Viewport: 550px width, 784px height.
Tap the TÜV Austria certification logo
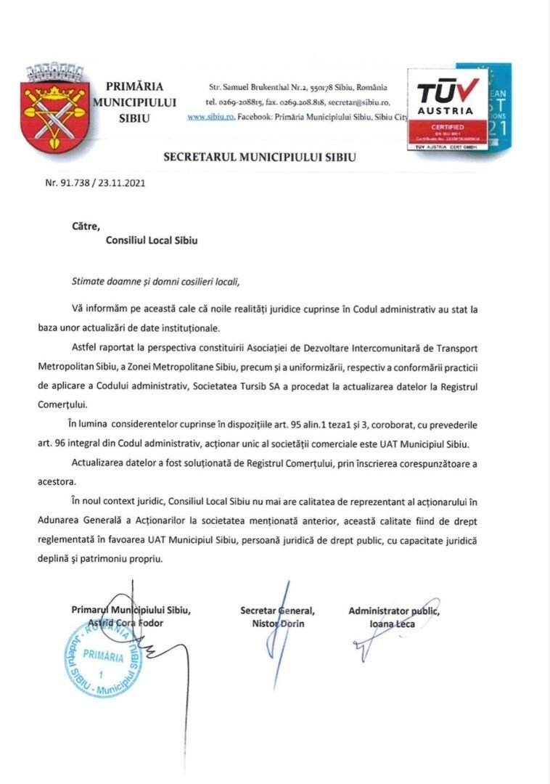tap(447, 108)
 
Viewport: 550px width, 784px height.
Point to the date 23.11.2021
tap(123, 184)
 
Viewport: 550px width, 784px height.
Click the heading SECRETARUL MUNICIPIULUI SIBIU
tap(260, 156)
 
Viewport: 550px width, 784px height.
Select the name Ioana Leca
tap(393, 623)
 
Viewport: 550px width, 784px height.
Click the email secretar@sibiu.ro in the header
tap(358, 102)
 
